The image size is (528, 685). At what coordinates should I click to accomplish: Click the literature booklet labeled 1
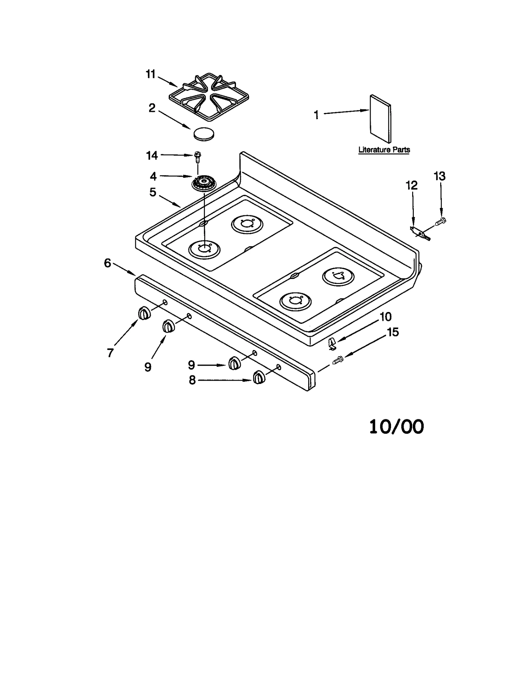click(x=380, y=119)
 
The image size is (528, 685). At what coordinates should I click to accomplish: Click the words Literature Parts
click(x=384, y=150)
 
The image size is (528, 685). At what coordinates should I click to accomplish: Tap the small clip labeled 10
click(x=332, y=344)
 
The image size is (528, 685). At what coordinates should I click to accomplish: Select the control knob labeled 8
click(x=259, y=377)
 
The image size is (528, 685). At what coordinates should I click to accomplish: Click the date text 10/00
click(x=396, y=427)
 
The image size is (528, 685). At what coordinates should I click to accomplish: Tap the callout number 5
click(x=152, y=192)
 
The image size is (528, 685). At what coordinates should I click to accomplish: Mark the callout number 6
click(x=108, y=263)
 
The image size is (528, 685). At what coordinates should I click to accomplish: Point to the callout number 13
click(x=439, y=176)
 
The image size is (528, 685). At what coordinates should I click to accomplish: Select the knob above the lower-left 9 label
click(x=168, y=326)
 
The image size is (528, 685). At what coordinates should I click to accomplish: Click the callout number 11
click(x=150, y=74)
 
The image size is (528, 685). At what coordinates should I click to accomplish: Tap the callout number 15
click(x=392, y=332)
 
